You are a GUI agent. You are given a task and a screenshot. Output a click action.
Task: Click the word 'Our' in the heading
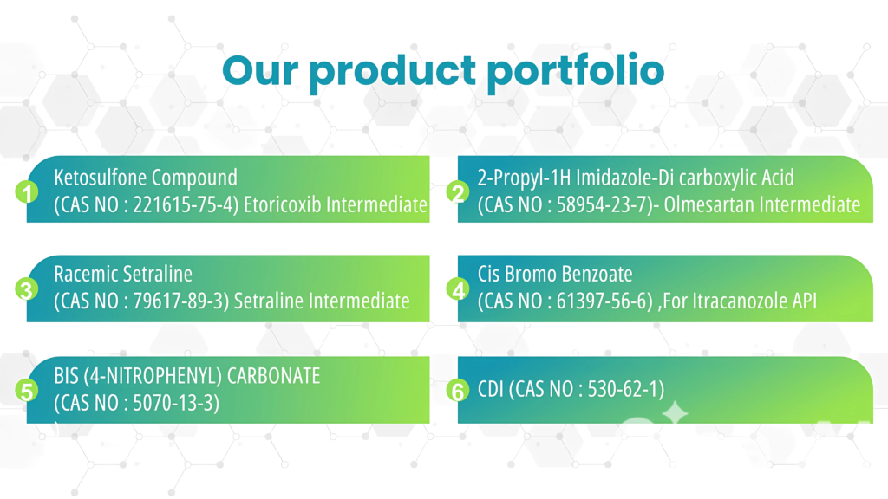[260, 70]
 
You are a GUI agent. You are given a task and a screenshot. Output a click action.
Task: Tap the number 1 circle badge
[27, 192]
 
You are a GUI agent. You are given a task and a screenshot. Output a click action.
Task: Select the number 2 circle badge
[458, 192]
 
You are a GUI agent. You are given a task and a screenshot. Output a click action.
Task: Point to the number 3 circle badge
[27, 289]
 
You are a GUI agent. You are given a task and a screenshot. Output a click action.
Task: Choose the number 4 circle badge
[458, 289]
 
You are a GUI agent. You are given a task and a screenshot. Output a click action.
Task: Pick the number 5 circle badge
[27, 391]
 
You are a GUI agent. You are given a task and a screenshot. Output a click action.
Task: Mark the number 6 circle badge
[458, 391]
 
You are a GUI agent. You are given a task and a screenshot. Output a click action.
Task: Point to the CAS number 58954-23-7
[605, 204]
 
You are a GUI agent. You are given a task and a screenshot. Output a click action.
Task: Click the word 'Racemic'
[84, 275]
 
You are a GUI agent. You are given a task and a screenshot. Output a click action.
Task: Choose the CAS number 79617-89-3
[179, 301]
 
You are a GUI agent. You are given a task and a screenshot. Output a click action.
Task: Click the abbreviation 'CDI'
[491, 389]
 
